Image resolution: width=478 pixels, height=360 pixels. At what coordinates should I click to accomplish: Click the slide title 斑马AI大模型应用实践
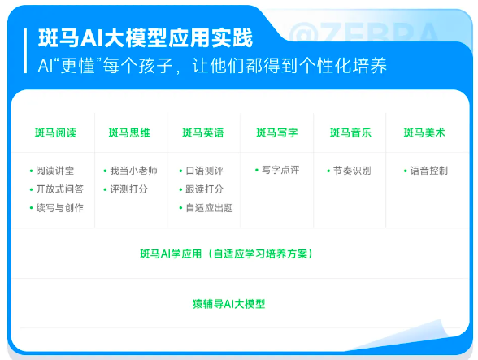[x=146, y=38]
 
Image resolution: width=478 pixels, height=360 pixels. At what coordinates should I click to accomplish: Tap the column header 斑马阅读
[x=56, y=132]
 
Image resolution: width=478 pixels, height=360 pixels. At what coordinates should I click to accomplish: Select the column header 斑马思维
[x=129, y=132]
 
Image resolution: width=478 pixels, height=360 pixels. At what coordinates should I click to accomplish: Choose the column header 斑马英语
[x=203, y=132]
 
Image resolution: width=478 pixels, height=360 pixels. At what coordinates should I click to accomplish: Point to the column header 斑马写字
[x=276, y=132]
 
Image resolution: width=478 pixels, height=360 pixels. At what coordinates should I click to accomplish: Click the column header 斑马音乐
[x=350, y=132]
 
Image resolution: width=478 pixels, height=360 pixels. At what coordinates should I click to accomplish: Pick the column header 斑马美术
[x=424, y=132]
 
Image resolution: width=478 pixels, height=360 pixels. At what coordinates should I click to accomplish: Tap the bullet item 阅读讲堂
[x=55, y=171]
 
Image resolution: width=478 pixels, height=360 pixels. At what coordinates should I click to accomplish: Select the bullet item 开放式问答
[x=59, y=189]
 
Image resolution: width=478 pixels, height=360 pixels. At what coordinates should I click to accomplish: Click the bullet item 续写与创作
[x=59, y=208]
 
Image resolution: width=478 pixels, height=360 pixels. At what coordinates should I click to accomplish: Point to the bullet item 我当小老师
[x=133, y=171]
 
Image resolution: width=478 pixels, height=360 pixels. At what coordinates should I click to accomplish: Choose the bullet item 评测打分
[x=129, y=189]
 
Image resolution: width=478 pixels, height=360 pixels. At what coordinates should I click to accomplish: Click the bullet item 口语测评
[x=204, y=171]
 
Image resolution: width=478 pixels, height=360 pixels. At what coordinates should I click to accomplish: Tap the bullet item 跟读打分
[x=204, y=189]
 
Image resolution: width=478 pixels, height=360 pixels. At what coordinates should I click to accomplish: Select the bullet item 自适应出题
[x=209, y=208]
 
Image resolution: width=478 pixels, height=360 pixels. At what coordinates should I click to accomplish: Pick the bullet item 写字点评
[x=280, y=171]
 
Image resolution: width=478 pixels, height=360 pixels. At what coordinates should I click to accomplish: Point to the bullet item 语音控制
[x=428, y=171]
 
